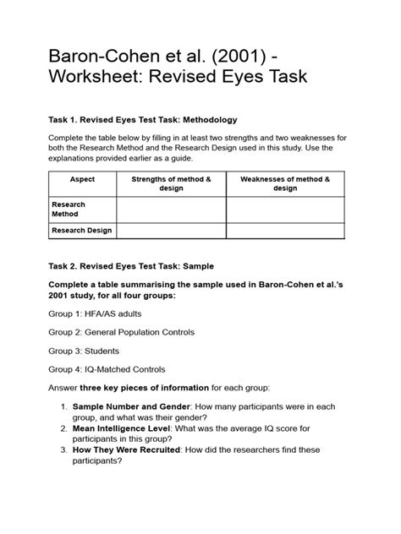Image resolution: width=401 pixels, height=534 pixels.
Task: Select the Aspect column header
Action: click(83, 179)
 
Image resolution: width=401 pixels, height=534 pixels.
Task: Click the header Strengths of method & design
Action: click(171, 183)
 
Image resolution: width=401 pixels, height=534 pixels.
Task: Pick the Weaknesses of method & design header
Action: click(285, 183)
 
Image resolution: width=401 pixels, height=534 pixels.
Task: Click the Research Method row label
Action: click(69, 209)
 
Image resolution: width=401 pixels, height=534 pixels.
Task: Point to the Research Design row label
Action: click(82, 230)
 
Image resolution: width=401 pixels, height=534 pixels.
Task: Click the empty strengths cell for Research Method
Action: click(171, 209)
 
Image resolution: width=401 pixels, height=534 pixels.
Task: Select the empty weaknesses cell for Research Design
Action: click(285, 230)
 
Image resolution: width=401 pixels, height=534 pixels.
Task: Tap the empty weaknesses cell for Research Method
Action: click(285, 209)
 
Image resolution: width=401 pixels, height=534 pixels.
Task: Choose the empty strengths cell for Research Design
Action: click(171, 230)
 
